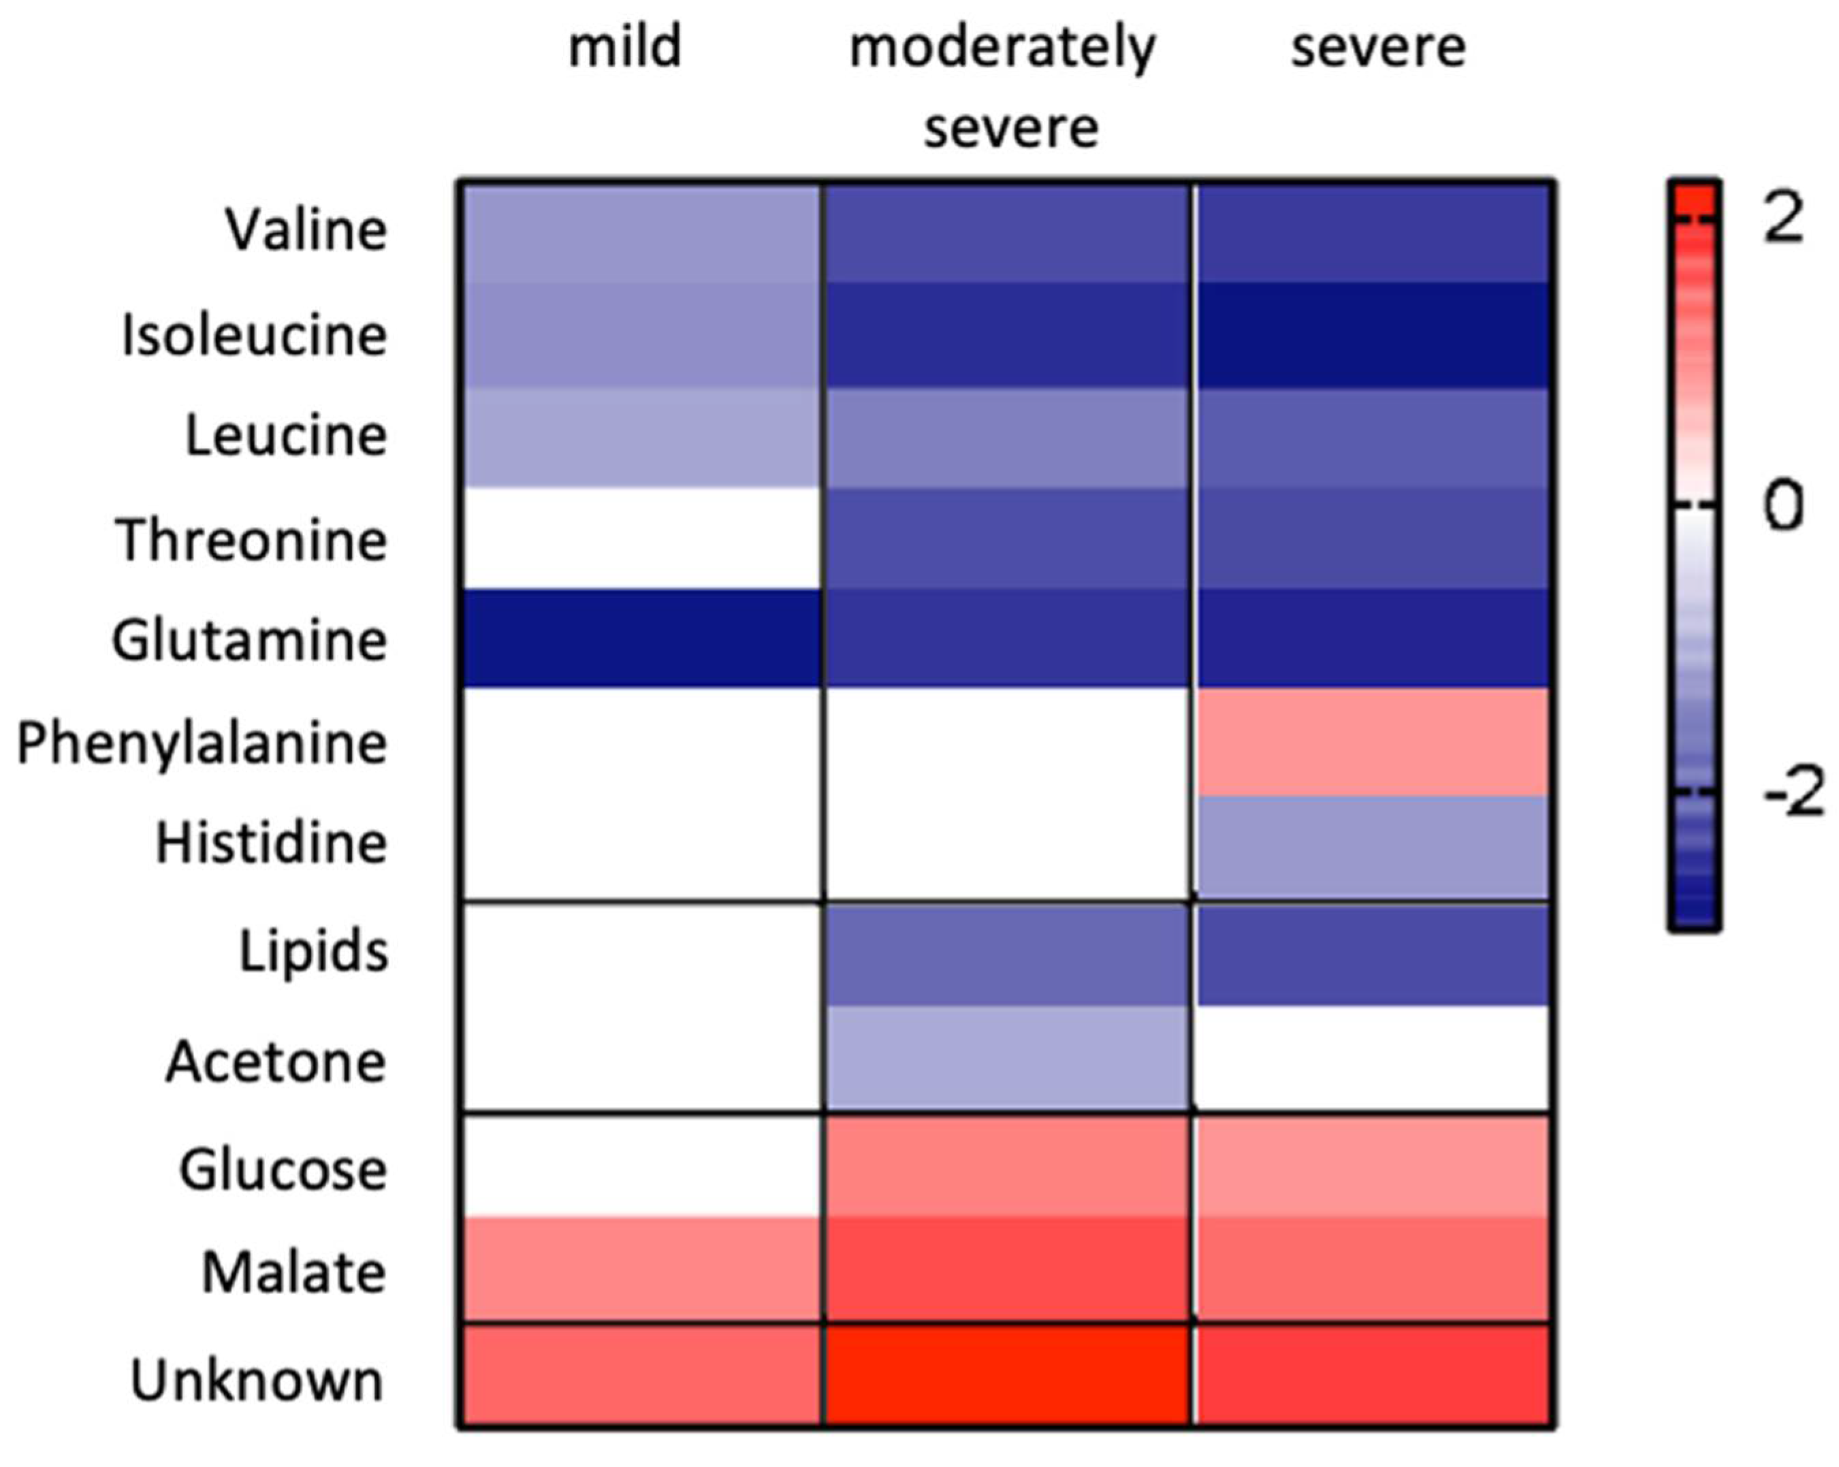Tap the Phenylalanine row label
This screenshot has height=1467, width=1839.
pos(202,743)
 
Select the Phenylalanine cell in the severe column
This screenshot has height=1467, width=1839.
pos(1373,742)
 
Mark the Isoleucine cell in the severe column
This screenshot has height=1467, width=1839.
pos(1373,335)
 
